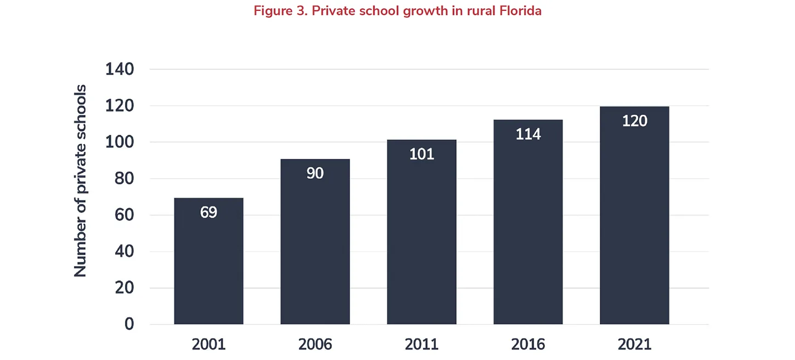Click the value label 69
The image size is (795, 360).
pos(208,212)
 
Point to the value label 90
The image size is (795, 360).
pos(315,173)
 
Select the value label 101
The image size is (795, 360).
pos(421,154)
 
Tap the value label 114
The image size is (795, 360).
pos(527,134)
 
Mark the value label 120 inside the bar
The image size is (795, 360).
pos(634,121)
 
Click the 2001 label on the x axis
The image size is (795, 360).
pos(208,344)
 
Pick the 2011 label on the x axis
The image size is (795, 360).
pos(421,344)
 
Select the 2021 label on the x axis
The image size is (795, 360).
pos(634,344)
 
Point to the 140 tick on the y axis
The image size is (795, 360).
pos(120,70)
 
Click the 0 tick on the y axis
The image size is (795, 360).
pos(129,324)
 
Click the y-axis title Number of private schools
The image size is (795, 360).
pos(81,181)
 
